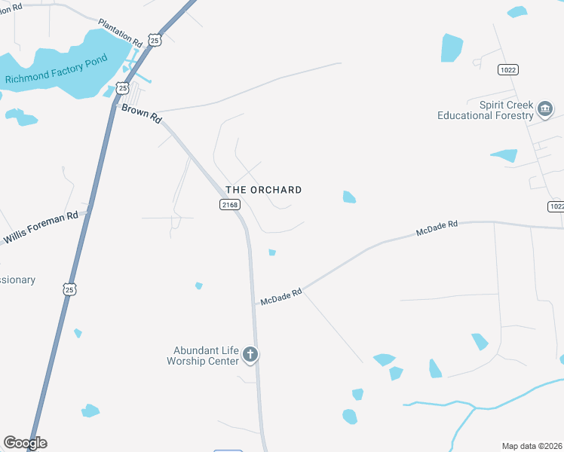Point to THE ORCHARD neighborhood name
(264, 190)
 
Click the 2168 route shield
(230, 205)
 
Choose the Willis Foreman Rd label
(41, 227)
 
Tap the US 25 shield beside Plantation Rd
(155, 40)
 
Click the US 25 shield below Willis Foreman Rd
(70, 289)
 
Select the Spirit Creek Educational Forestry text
(485, 110)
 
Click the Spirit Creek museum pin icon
(544, 111)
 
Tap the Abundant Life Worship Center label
(206, 356)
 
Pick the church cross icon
(250, 355)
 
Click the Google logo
(25, 443)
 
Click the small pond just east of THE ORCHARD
(348, 197)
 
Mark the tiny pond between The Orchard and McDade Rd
(272, 252)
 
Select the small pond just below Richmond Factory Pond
(20, 118)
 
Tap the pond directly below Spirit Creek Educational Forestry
(504, 156)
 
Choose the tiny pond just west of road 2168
(199, 286)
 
